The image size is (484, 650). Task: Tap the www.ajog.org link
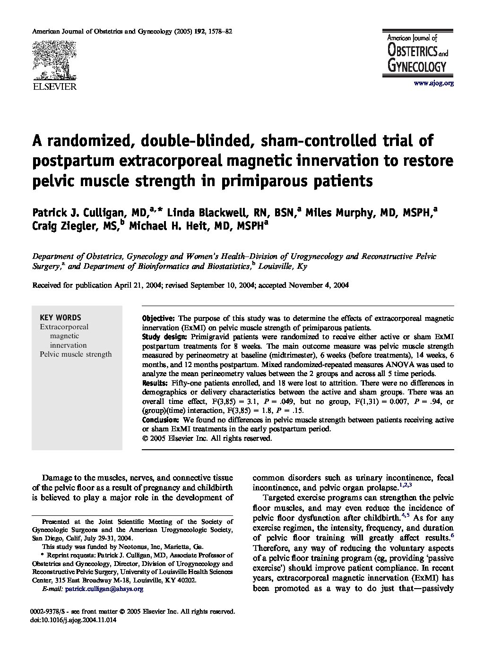click(433, 83)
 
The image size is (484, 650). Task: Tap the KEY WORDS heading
click(60, 317)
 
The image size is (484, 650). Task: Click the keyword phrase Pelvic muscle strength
click(76, 354)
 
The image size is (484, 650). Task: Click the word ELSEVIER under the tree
click(53, 86)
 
